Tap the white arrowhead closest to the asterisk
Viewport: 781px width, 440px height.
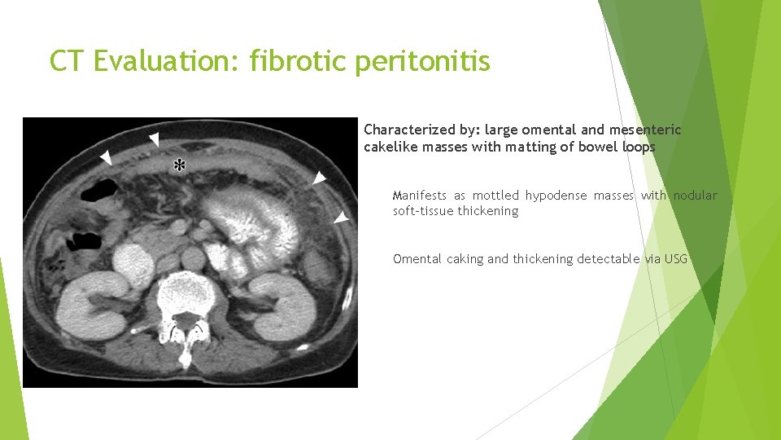click(x=154, y=139)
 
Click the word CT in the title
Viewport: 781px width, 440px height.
click(x=67, y=60)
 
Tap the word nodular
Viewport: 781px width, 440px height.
click(x=696, y=196)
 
